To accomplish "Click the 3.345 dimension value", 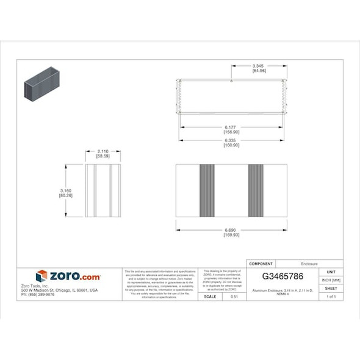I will [x=259, y=66].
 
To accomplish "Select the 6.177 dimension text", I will [x=231, y=128].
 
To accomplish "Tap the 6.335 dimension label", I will [x=231, y=140].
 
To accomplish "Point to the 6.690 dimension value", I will [x=231, y=230].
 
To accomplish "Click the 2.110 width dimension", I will [x=103, y=151].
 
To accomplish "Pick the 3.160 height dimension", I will [x=66, y=190].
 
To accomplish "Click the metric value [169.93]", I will [x=231, y=235].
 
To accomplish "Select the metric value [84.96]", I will [x=259, y=71].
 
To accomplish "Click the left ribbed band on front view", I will [x=207, y=190].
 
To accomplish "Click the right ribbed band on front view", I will [x=256, y=190].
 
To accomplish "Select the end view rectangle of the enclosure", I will [x=103, y=190].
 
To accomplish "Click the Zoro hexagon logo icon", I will [x=41, y=276].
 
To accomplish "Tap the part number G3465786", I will [x=283, y=276].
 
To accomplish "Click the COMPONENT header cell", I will [x=261, y=264].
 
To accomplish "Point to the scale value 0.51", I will [x=234, y=297].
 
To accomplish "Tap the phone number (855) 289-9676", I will [x=38, y=295].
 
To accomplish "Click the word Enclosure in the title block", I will [x=309, y=264].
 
